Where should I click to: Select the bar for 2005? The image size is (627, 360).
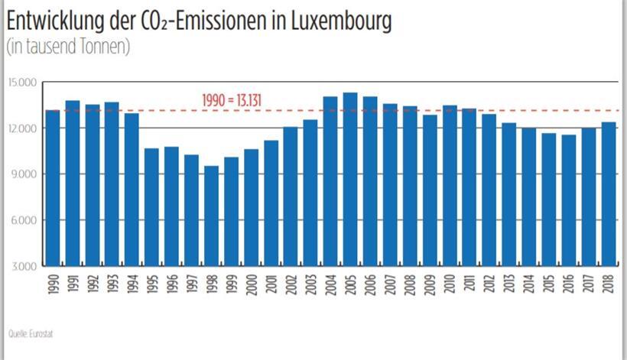350,180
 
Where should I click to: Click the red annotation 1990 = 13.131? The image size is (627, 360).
233,99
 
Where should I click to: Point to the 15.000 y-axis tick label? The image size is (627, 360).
22,82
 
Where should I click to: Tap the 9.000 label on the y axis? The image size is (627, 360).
24,174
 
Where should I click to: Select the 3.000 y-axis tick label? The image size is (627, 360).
24,266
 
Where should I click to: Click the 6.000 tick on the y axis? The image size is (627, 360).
24,220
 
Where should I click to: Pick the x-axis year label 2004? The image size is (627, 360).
331,282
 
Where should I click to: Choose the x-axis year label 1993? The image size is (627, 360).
112,282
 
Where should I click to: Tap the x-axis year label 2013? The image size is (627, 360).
510,282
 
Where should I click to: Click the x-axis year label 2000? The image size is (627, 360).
252,282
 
